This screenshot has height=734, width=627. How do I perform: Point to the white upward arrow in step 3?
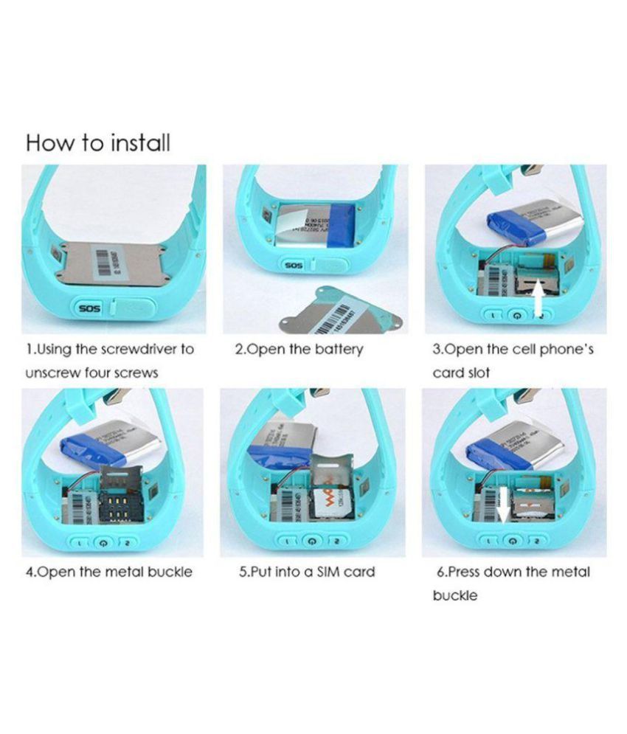click(x=539, y=301)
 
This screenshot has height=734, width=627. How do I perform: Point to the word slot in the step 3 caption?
click(x=474, y=373)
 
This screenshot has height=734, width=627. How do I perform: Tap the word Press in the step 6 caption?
click(x=466, y=572)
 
